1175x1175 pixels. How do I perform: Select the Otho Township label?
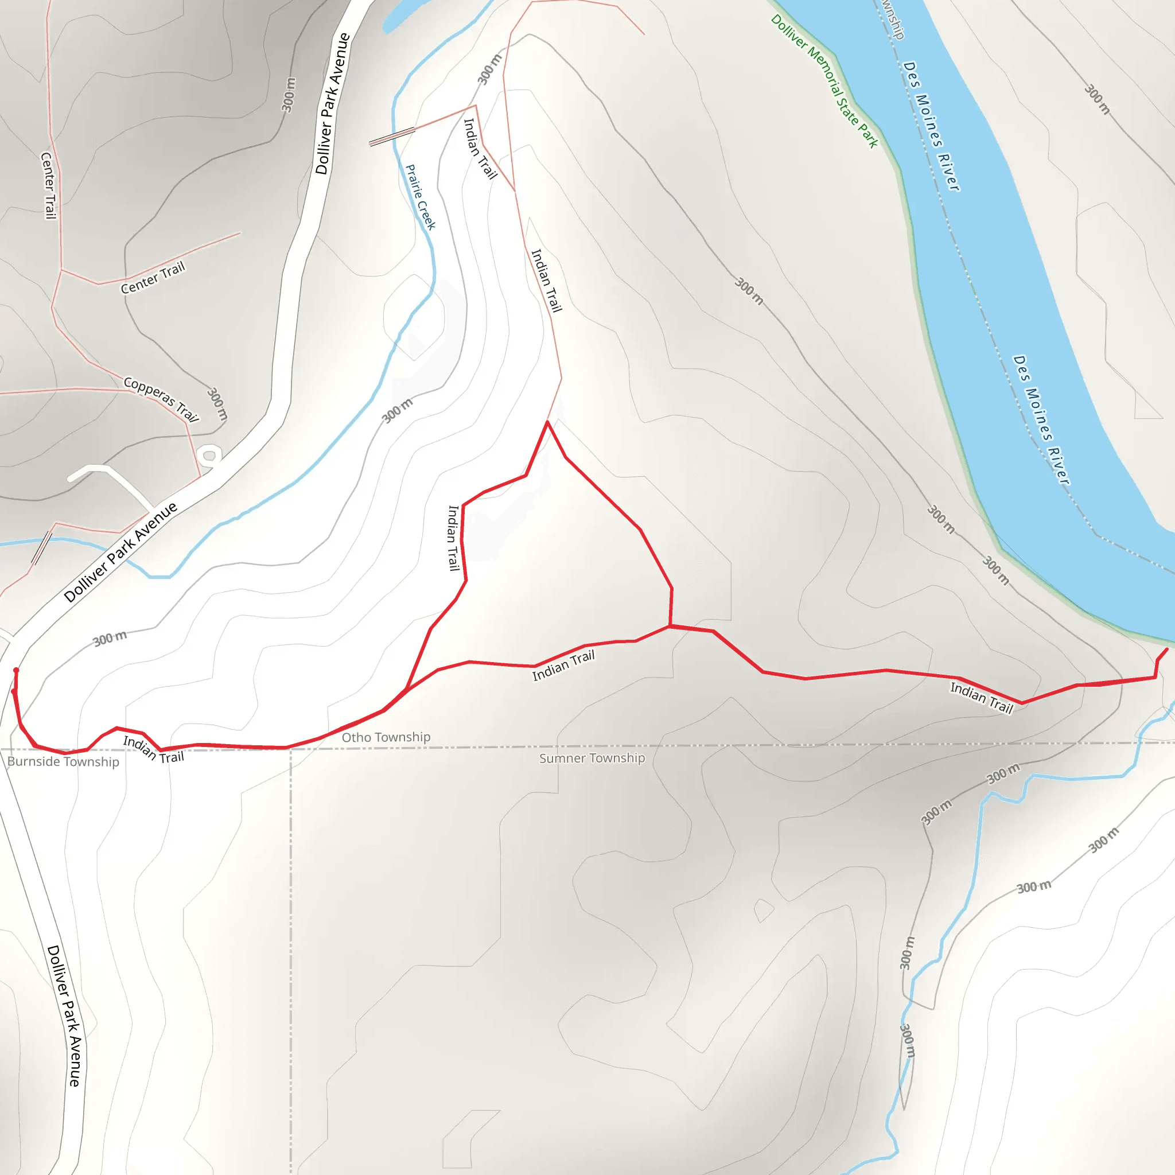[386, 737]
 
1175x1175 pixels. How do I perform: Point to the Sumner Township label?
[592, 758]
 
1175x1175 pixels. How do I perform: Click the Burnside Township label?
[63, 761]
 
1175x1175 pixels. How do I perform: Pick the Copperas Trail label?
[161, 398]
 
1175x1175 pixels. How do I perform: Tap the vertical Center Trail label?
[49, 185]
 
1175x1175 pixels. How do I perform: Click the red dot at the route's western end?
[16, 670]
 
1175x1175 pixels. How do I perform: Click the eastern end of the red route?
[1166, 649]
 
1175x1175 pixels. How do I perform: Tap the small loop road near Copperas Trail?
[209, 455]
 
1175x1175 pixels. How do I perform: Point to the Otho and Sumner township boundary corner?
[291, 749]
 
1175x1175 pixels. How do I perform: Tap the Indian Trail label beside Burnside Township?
[153, 749]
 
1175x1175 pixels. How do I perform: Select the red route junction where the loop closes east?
[670, 625]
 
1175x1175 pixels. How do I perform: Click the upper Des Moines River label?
[931, 126]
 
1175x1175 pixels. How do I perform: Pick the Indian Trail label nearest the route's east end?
[981, 697]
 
